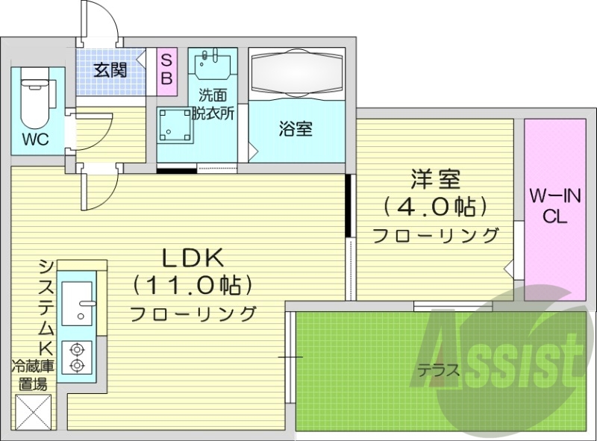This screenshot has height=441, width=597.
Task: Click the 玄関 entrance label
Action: point(109,71)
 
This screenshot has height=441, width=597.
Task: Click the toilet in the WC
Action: point(33,100)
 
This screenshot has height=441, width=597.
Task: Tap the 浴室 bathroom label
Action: point(296,129)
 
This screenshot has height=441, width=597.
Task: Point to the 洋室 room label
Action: point(435,178)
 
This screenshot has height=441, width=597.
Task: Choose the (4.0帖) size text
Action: point(435,205)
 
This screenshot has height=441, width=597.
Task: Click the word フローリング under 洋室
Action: point(435,236)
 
